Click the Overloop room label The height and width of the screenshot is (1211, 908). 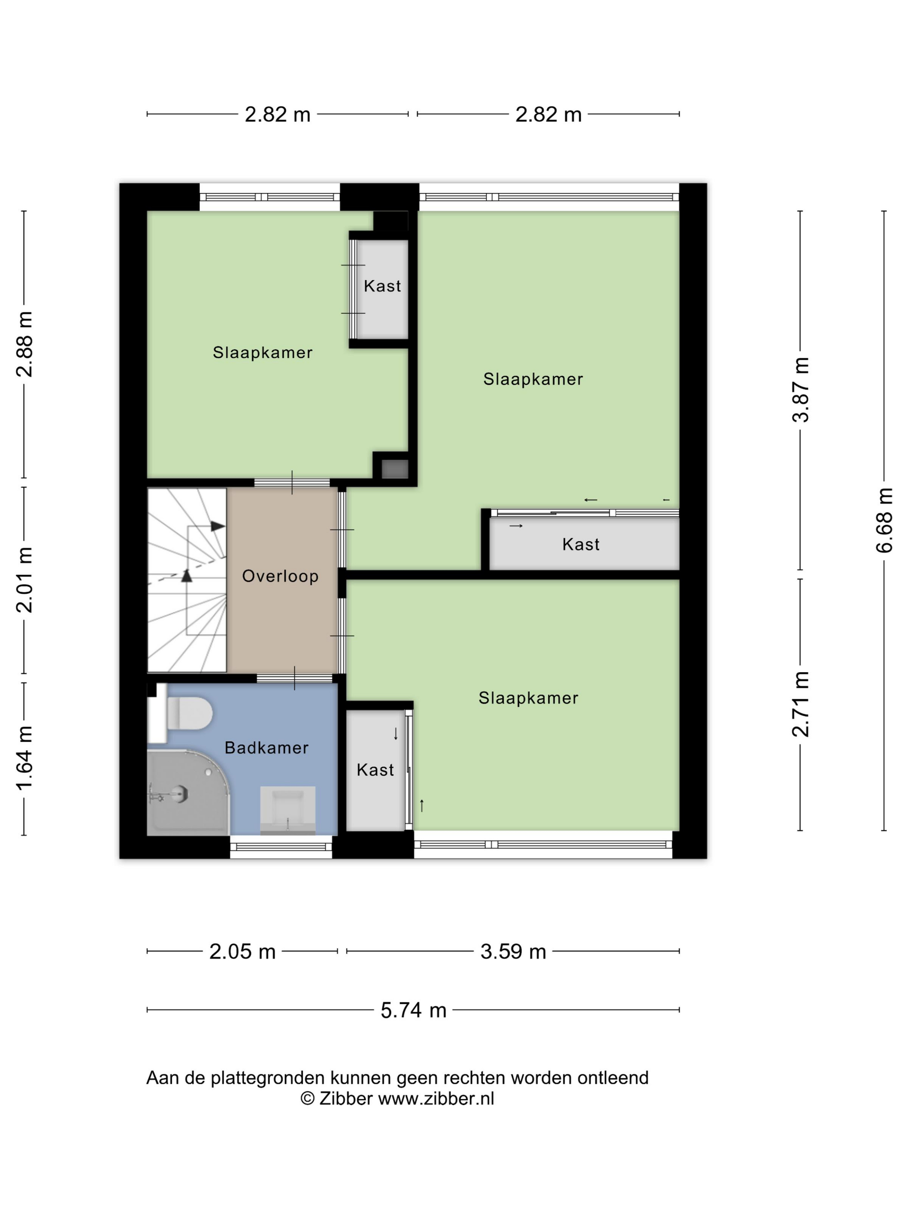tap(280, 576)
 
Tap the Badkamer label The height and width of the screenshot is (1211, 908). tap(266, 747)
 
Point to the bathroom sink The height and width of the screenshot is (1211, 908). tap(288, 810)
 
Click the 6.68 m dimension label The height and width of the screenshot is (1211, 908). tap(884, 520)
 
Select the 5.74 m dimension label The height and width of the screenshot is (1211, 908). tap(413, 1010)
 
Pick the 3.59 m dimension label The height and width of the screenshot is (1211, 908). tap(513, 951)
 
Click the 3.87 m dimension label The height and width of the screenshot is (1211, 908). tap(800, 389)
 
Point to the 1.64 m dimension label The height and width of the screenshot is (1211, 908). tap(24, 758)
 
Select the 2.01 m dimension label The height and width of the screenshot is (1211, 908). tap(24, 580)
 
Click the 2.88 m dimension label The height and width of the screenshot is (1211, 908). tap(24, 344)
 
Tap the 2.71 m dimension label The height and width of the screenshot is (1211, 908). tap(800, 704)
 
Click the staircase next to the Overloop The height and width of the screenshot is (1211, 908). tap(187, 580)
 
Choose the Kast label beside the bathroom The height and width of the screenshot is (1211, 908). tap(375, 770)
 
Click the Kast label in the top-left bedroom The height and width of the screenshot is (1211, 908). tap(382, 286)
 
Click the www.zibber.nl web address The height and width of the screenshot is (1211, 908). tap(436, 1099)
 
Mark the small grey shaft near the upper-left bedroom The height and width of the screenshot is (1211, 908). tap(395, 469)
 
